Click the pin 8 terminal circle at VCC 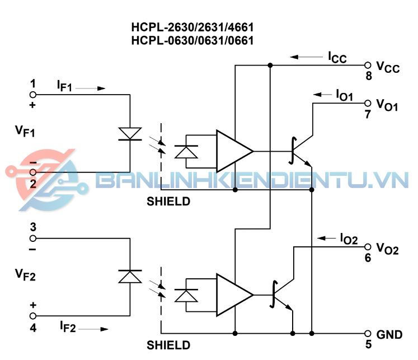pyautogui.click(x=368, y=66)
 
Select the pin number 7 pyautogui.click(x=368, y=115)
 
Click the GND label pyautogui.click(x=389, y=335)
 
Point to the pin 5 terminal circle pyautogui.click(x=368, y=333)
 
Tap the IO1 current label pyautogui.click(x=344, y=96)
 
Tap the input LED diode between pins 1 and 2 pyautogui.click(x=130, y=133)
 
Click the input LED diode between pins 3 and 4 pyautogui.click(x=130, y=276)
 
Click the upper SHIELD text pyautogui.click(x=168, y=201)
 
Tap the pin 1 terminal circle pyautogui.click(x=33, y=94)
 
